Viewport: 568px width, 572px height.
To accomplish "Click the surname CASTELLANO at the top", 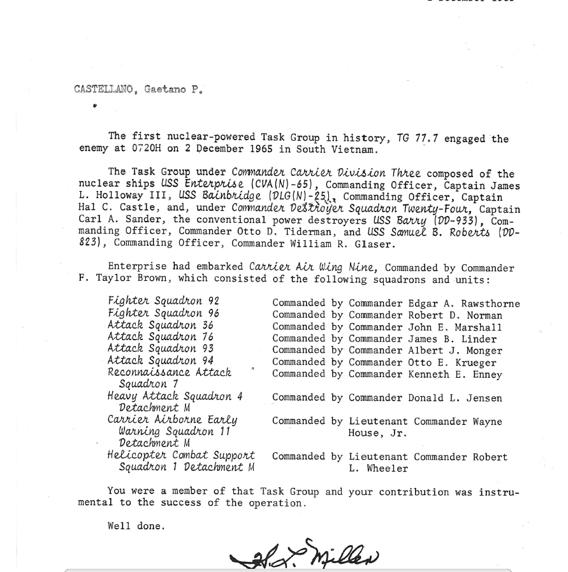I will pyautogui.click(x=104, y=89).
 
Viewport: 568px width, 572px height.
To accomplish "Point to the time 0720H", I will pyautogui.click(x=150, y=150).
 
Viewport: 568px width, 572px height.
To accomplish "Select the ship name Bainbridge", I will pyautogui.click(x=231, y=197).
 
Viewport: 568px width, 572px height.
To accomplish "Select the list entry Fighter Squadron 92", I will pyautogui.click(x=163, y=301).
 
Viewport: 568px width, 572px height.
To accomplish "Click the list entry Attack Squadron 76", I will pyautogui.click(x=161, y=337).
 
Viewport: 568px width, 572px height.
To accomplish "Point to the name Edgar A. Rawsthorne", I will pyautogui.click(x=464, y=304).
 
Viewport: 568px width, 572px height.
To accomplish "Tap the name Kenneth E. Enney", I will pyautogui.click(x=455, y=375).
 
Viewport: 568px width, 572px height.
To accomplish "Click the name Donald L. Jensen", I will pyautogui.click(x=455, y=398).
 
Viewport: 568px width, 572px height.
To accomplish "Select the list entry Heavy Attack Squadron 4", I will pyautogui.click(x=175, y=396).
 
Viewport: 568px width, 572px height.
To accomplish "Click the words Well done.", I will pyautogui.click(x=136, y=526).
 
